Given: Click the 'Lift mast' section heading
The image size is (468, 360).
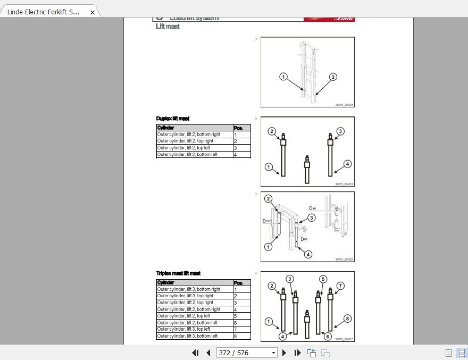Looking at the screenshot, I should coord(168,27).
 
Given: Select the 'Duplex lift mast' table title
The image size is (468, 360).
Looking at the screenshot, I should coord(173,119).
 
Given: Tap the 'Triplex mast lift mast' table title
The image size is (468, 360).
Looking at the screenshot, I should coord(178,273).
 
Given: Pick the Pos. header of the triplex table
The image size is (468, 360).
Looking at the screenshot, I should coord(241,283).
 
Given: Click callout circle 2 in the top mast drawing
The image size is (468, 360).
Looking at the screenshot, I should coord(333,77).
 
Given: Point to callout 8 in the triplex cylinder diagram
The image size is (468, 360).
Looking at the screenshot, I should coord(347,319).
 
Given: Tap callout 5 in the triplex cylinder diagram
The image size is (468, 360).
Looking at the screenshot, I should coord(323,279).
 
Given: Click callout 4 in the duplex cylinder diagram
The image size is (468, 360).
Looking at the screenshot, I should coord(347,164).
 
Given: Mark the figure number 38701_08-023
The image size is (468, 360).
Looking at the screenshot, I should coord(344,259).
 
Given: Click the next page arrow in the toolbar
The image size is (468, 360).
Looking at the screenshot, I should coord(285,353).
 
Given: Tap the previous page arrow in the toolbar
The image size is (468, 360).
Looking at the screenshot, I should coord(208,353).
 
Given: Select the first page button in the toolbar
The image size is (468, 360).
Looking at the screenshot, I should coord(195,353).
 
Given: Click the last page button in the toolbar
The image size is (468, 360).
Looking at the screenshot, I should coord(298,353).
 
